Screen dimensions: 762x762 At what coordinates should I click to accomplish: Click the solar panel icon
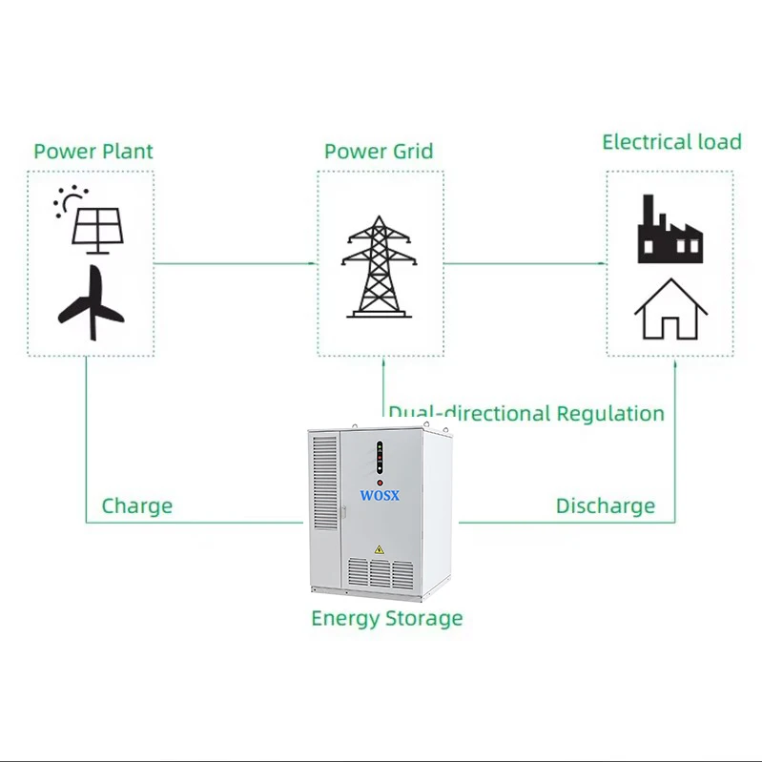(99, 229)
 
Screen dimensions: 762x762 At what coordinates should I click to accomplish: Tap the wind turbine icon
(92, 304)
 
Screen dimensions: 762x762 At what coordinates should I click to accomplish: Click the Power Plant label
(93, 152)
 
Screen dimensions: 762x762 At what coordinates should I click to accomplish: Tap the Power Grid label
(379, 152)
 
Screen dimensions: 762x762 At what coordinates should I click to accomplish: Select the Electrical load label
(671, 142)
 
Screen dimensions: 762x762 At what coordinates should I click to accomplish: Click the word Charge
(136, 505)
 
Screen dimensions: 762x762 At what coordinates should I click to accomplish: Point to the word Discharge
(606, 505)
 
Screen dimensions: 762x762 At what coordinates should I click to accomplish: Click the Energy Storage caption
(386, 618)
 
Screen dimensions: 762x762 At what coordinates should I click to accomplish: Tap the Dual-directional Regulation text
(526, 414)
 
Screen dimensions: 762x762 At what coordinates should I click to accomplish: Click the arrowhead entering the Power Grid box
(313, 262)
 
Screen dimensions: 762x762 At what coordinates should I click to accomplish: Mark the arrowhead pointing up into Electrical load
(676, 362)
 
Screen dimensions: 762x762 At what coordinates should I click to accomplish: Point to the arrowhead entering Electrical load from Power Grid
(603, 262)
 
